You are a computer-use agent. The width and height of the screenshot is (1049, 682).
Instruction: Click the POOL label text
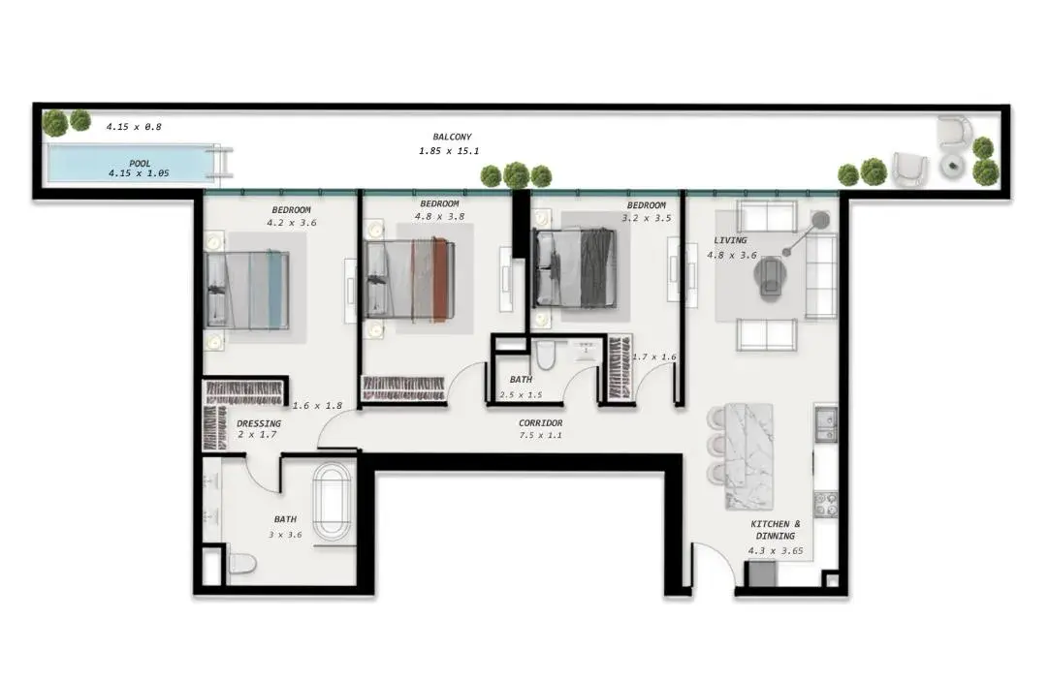tap(140, 163)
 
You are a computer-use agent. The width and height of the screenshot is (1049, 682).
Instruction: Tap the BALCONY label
tap(452, 137)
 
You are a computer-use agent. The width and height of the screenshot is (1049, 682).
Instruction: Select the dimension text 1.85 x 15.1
tap(449, 151)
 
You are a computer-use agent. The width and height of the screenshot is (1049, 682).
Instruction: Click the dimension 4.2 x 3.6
tap(292, 223)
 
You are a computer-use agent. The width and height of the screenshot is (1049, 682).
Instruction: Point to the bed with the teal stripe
tap(247, 291)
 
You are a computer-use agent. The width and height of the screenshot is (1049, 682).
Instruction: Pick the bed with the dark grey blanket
tap(575, 268)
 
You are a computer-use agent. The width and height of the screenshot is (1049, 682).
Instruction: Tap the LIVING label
tap(730, 240)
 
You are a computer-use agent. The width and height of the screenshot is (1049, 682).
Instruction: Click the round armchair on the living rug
tap(770, 278)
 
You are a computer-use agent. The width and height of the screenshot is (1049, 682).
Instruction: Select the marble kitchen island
tap(748, 456)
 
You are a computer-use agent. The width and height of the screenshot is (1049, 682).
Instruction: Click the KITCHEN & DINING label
tap(776, 530)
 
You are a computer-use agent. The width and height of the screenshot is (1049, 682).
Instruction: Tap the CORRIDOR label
tap(541, 422)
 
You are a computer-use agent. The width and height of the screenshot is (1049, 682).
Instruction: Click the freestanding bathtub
tap(332, 502)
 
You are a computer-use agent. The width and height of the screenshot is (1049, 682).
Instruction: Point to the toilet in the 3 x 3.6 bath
tap(241, 564)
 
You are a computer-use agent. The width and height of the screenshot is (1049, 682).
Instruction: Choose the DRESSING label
tap(259, 423)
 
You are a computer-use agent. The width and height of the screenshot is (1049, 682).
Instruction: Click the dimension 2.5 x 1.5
tap(521, 394)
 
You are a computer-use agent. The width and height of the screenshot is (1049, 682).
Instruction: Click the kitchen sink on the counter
tap(826, 426)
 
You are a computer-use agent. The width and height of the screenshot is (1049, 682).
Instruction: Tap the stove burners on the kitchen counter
tap(826, 504)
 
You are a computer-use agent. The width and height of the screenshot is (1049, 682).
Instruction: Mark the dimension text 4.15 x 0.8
tap(134, 126)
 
